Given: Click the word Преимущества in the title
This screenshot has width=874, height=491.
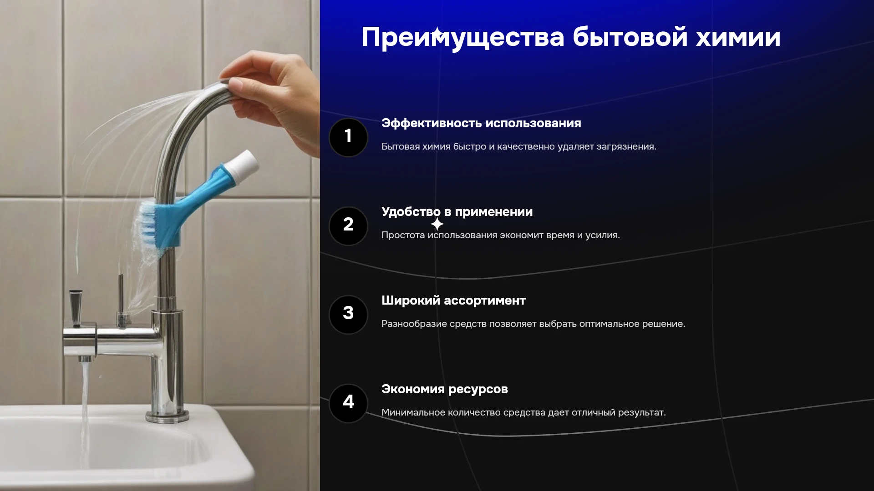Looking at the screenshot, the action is pyautogui.click(x=463, y=37).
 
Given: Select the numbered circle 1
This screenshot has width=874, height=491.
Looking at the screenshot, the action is pyautogui.click(x=348, y=137).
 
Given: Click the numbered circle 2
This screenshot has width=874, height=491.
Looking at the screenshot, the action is pyautogui.click(x=348, y=226).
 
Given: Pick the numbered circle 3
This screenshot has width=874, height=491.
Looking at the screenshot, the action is pyautogui.click(x=348, y=315).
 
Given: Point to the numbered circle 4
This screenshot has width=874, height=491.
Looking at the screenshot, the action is pyautogui.click(x=348, y=403).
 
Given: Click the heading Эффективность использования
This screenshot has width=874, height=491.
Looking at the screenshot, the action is pyautogui.click(x=481, y=123).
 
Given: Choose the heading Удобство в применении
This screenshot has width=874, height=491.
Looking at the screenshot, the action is pyautogui.click(x=457, y=212).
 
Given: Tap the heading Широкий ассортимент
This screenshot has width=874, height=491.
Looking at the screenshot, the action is pyautogui.click(x=453, y=301).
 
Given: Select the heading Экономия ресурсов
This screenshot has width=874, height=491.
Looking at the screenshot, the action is pyautogui.click(x=445, y=390).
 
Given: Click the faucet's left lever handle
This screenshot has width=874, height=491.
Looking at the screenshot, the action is pyautogui.click(x=76, y=307).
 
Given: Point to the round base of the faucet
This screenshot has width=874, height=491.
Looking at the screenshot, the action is pyautogui.click(x=167, y=416).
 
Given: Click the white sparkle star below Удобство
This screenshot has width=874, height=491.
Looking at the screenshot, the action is pyautogui.click(x=437, y=224).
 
